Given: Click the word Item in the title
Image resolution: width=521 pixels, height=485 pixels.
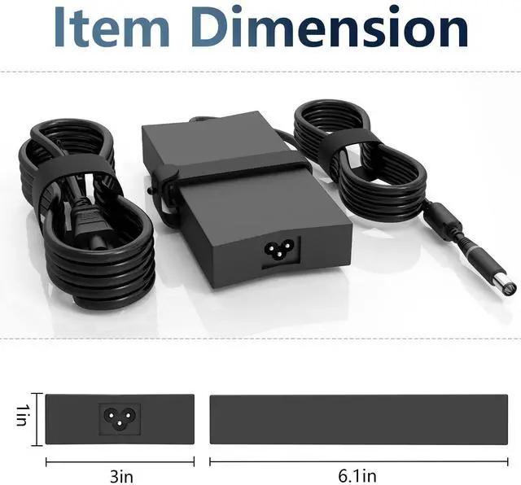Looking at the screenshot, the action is [111, 27].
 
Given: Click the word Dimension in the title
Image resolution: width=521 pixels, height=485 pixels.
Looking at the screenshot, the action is [329, 27].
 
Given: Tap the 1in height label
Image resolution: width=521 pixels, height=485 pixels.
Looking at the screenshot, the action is [21, 415].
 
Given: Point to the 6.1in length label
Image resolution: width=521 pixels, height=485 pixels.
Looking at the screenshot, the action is [357, 476].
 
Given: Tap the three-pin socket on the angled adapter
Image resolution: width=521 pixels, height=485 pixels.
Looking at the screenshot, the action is [279, 250].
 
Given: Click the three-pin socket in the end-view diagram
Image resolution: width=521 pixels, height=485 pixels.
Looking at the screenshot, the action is [120, 418].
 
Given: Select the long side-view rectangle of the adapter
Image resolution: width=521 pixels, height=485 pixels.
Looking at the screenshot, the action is [359, 419].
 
